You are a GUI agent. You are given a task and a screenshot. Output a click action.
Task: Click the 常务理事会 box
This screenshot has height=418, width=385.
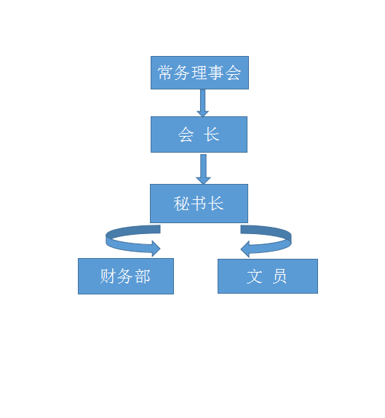point(199,73)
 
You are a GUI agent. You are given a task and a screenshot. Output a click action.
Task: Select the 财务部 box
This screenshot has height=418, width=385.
point(126,276)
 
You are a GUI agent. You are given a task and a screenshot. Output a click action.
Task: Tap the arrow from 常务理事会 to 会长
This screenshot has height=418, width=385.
point(203,102)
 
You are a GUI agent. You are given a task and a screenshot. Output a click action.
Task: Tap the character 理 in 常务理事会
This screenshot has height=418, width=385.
point(199,73)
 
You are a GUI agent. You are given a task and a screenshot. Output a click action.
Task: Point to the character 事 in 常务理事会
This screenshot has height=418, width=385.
point(216,73)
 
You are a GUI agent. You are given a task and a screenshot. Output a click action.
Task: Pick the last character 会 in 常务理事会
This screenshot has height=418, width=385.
point(233,73)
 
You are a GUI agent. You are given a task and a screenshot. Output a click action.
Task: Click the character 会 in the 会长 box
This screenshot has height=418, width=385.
point(186,135)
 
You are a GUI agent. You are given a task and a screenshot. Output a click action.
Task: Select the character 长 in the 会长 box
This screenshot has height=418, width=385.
point(213,135)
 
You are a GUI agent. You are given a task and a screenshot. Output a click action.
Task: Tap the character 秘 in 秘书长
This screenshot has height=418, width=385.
point(182,204)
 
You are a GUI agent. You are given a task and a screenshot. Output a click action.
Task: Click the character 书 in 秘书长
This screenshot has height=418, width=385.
point(199,204)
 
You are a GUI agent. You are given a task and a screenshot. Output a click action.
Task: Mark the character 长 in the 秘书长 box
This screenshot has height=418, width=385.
point(216,204)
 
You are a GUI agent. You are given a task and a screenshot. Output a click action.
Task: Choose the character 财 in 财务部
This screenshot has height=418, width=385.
point(108,276)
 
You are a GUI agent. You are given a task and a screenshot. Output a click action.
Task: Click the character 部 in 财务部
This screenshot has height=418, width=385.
point(143,276)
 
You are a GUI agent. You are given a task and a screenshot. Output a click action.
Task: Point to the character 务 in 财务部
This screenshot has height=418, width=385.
point(126,276)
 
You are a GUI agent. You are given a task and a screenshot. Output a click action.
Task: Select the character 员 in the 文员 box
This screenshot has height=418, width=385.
point(279,276)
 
